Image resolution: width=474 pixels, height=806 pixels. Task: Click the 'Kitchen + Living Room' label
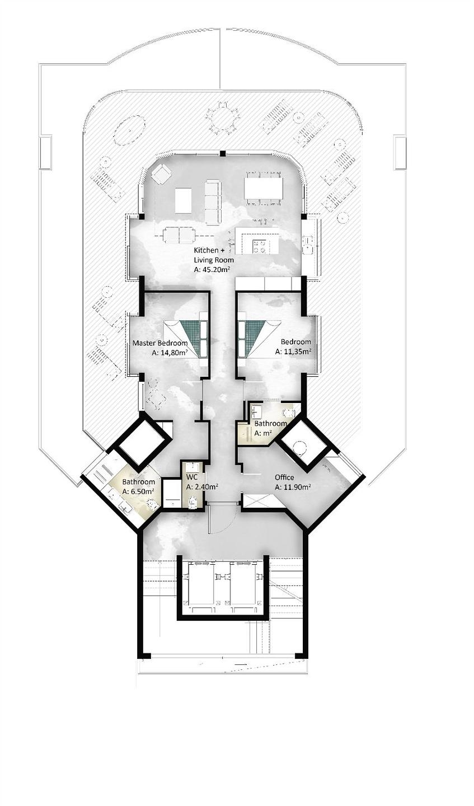(x=213, y=255)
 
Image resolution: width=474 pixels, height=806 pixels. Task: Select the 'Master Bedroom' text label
(x=159, y=343)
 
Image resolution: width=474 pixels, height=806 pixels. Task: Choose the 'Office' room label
(x=284, y=477)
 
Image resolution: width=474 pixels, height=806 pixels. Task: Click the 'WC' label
(x=192, y=477)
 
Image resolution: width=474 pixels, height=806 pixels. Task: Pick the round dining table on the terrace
(x=222, y=119)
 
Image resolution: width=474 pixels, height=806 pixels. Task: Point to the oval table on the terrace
(x=129, y=130)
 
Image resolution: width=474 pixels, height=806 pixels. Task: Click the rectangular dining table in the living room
(x=264, y=188)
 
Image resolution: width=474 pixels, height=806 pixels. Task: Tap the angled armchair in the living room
(x=161, y=174)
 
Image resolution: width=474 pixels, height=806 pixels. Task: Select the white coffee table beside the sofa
(x=183, y=200)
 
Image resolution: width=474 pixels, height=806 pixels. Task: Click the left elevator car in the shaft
(x=201, y=584)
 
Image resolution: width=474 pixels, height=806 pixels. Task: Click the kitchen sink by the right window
(x=308, y=245)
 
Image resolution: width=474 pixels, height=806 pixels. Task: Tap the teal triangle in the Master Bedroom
(x=189, y=336)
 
